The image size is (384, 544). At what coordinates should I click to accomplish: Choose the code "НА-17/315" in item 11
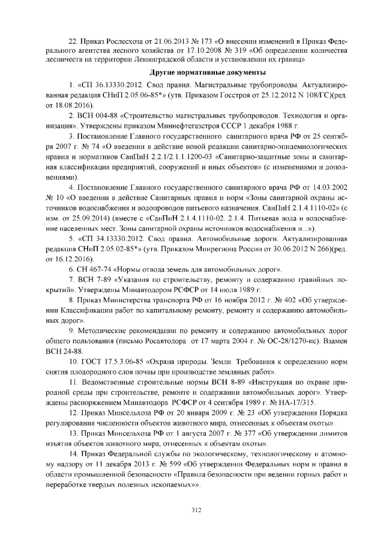[283, 405]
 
